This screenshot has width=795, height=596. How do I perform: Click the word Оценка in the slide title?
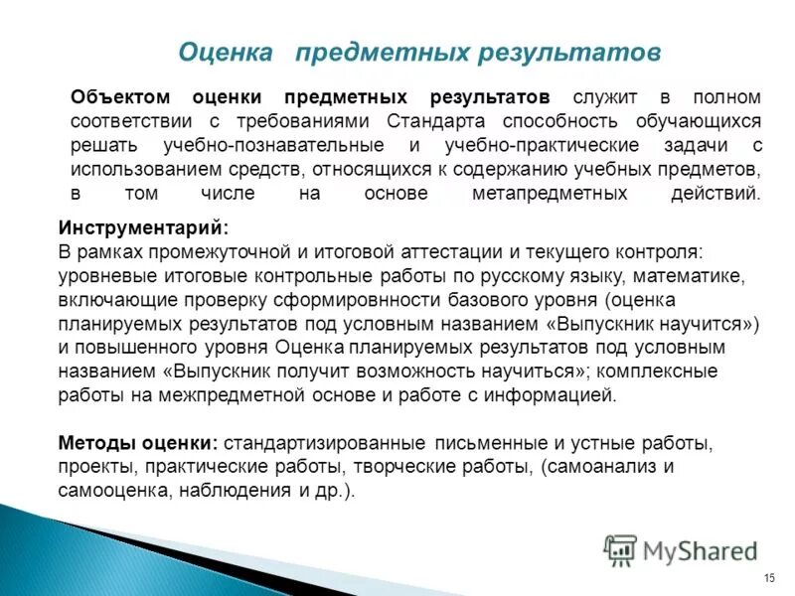pyautogui.click(x=226, y=52)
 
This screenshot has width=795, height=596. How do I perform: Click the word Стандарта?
pyautogui.click(x=430, y=121)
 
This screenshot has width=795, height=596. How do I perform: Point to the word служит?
pyautogui.click(x=608, y=97)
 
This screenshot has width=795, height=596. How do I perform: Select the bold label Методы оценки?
pyautogui.click(x=138, y=442)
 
